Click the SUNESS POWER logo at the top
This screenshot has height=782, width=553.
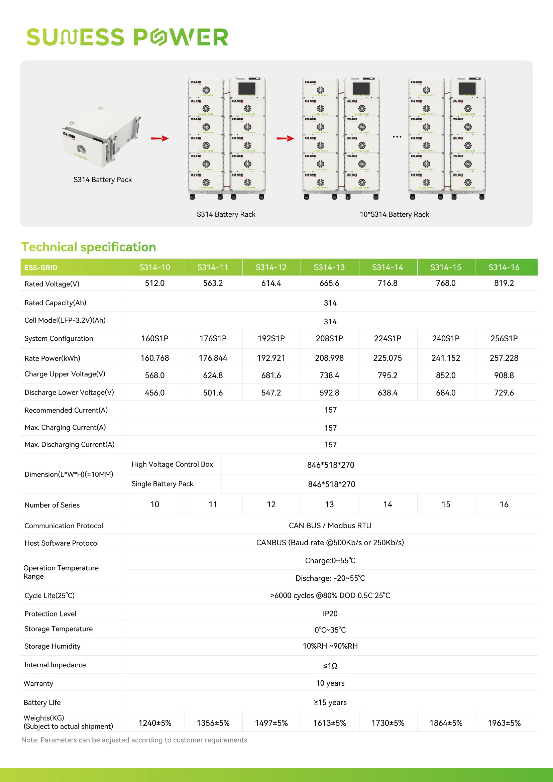(127, 37)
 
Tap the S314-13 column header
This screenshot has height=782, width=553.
(329, 267)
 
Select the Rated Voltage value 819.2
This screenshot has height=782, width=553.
(504, 283)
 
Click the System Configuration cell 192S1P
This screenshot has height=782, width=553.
(271, 339)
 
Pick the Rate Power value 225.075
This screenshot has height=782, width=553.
(388, 358)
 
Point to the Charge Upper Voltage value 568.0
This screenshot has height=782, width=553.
(154, 375)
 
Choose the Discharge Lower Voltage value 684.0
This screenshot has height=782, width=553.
(445, 393)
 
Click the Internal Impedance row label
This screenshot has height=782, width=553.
(55, 665)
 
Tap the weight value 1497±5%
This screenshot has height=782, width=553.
(271, 723)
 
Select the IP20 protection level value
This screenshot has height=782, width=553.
(330, 613)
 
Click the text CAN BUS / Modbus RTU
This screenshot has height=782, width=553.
(330, 526)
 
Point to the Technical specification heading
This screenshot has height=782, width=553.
(89, 247)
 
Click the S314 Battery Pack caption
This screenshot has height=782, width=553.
(103, 180)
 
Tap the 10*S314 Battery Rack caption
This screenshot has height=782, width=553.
(394, 214)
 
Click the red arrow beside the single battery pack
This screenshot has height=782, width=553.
(160, 138)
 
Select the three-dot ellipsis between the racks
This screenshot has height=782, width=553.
(397, 137)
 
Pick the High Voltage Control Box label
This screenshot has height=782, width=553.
(172, 464)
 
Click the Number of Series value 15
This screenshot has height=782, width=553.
(445, 505)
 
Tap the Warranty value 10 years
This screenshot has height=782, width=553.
(330, 683)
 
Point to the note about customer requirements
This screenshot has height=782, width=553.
(134, 740)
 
